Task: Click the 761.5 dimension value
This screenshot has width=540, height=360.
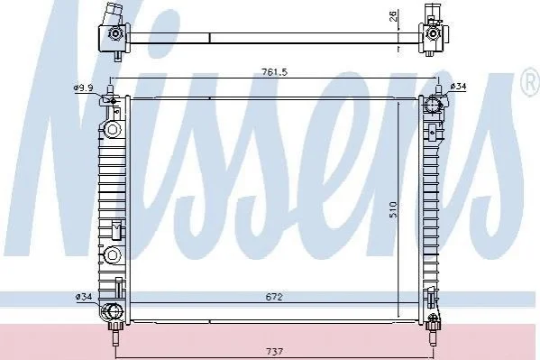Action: click(274, 72)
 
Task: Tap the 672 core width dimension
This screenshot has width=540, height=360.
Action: click(274, 297)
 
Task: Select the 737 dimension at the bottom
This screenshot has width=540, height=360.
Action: click(275, 352)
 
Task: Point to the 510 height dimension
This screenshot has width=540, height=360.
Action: click(393, 209)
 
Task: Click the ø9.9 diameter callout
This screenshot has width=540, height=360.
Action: click(83, 88)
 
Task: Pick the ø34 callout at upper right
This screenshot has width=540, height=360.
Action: click(458, 87)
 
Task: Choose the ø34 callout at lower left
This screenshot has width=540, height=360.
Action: click(84, 297)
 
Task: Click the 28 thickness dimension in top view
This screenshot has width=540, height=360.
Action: click(394, 15)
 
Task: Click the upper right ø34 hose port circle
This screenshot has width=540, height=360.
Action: click(432, 105)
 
